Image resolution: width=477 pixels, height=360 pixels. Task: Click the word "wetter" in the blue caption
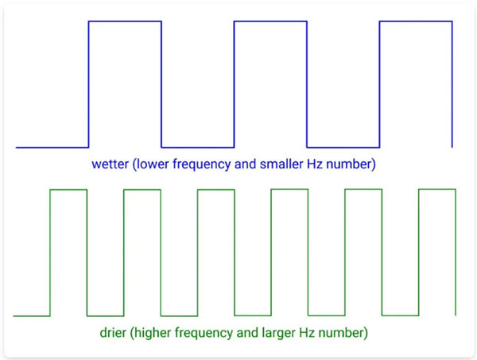(109, 165)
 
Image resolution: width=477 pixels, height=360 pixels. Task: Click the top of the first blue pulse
(125, 21)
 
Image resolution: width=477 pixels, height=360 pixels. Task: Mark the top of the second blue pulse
(270, 21)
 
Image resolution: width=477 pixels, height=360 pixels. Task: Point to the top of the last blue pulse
(416, 21)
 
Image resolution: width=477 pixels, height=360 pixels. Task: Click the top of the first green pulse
(68, 190)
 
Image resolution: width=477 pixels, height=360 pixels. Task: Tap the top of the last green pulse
(436, 190)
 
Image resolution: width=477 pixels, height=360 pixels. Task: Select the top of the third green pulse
(215, 190)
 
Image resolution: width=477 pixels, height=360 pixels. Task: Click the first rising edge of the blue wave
(88, 83)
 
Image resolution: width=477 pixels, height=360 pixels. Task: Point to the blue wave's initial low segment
(52, 147)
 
